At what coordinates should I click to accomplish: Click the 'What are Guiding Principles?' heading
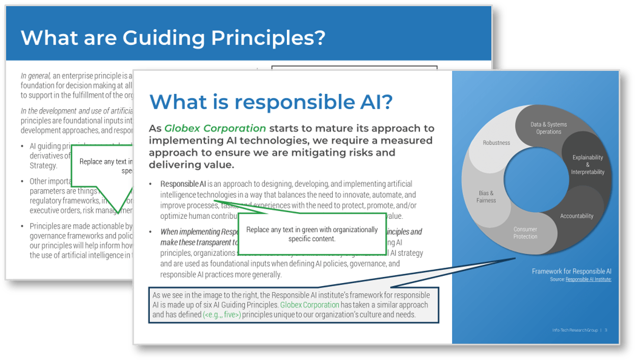[x=173, y=38]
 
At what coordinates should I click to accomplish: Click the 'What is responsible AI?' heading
[x=271, y=101]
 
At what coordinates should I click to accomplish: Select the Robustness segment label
[x=496, y=143]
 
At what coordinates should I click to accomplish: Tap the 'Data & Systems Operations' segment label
[x=548, y=128]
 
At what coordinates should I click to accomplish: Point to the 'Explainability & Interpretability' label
[x=588, y=165]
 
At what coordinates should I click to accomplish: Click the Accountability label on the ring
[x=576, y=216]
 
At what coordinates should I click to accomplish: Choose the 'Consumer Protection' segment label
[x=525, y=233]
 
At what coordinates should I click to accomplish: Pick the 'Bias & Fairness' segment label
[x=486, y=197]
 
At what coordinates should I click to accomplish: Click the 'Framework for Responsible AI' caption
[x=571, y=271]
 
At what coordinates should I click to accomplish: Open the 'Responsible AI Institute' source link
[x=588, y=279]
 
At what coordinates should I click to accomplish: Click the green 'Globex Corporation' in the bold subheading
[x=215, y=128]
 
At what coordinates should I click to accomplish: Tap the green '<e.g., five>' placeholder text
[x=222, y=315]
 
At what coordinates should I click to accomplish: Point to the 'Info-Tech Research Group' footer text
[x=574, y=330]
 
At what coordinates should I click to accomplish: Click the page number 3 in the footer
[x=606, y=330]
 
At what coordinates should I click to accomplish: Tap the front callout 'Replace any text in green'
[x=312, y=234]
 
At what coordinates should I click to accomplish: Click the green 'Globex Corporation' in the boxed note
[x=310, y=305]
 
